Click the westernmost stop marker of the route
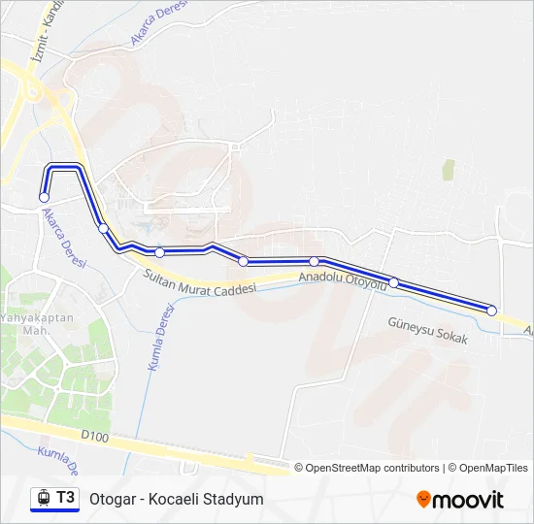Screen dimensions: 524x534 (44, 198)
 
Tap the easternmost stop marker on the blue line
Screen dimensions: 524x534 (491, 311)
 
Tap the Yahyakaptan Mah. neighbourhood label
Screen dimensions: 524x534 (31, 323)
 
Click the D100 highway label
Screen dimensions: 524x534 (94, 439)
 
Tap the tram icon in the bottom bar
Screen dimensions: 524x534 (43, 499)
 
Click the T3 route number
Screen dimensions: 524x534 (65, 498)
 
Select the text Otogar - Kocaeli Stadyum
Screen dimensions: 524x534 (176, 500)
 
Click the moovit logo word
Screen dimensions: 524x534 (468, 500)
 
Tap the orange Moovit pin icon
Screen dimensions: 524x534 (423, 500)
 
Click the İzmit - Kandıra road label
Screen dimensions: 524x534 (46, 34)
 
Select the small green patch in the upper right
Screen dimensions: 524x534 (448, 170)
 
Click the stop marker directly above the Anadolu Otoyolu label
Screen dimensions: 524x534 (315, 262)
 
